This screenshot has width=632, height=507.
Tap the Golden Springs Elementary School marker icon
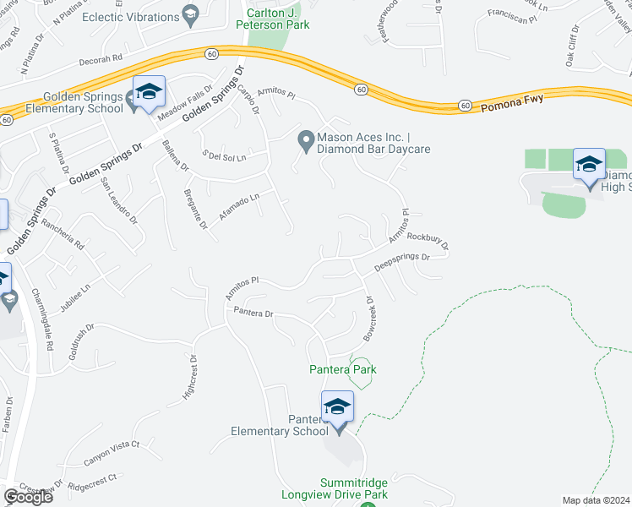pos(149,93)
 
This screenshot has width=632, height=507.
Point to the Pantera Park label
pos(342,369)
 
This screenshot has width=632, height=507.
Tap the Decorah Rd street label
pos(101,60)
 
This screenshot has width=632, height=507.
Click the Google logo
pos(28,497)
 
